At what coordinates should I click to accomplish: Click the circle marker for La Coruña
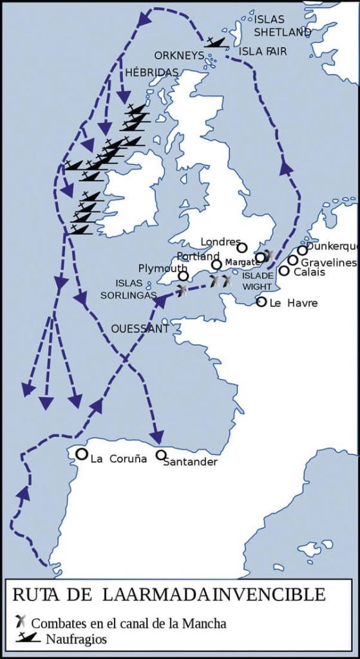[x=82, y=454]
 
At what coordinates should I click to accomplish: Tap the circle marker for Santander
[x=161, y=455]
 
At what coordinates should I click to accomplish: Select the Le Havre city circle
[x=261, y=301]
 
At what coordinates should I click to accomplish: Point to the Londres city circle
[x=242, y=247]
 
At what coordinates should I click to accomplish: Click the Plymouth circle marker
[x=184, y=276]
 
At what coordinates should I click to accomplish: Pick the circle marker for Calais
[x=284, y=270]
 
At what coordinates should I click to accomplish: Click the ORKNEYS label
[x=178, y=55]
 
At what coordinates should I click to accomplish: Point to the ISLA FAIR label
[x=263, y=51]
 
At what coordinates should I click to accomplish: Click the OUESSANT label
[x=140, y=329]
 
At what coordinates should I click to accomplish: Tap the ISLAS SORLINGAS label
[x=136, y=289]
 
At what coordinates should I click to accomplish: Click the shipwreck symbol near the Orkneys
[x=214, y=42]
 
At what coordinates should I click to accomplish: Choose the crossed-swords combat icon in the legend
[x=21, y=622]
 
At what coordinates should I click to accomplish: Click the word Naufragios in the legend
[x=76, y=640]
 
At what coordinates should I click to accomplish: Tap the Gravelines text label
[x=328, y=263]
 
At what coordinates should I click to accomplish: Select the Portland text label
[x=198, y=256]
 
